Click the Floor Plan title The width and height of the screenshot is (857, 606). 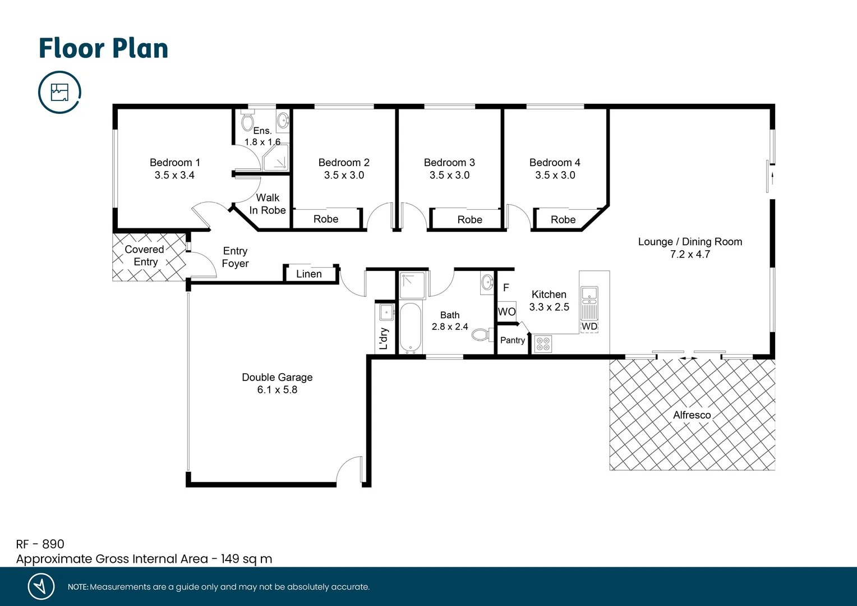tap(103, 48)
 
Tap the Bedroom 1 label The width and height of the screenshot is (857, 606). tap(174, 162)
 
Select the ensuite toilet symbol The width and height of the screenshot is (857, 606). tap(247, 121)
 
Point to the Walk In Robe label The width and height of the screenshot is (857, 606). tap(268, 204)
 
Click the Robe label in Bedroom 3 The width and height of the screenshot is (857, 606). tap(469, 220)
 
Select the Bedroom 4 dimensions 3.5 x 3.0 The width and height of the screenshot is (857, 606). tap(555, 175)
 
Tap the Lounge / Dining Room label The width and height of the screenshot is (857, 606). tap(690, 242)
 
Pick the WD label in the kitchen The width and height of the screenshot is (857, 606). tap(589, 327)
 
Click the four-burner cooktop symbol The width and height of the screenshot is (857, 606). tap(542, 343)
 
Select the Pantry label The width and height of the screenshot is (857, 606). tap(512, 340)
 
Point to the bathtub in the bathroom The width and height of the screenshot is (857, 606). tap(410, 328)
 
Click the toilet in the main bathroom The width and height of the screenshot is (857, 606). tap(480, 335)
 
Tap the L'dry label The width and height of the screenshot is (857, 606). tap(384, 338)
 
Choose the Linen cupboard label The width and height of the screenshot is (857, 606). tap(308, 274)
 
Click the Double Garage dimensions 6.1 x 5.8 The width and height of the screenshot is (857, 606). tap(277, 390)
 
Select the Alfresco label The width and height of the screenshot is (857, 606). tap(692, 415)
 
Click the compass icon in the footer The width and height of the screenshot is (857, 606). tap(41, 586)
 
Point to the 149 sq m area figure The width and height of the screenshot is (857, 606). tap(246, 559)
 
